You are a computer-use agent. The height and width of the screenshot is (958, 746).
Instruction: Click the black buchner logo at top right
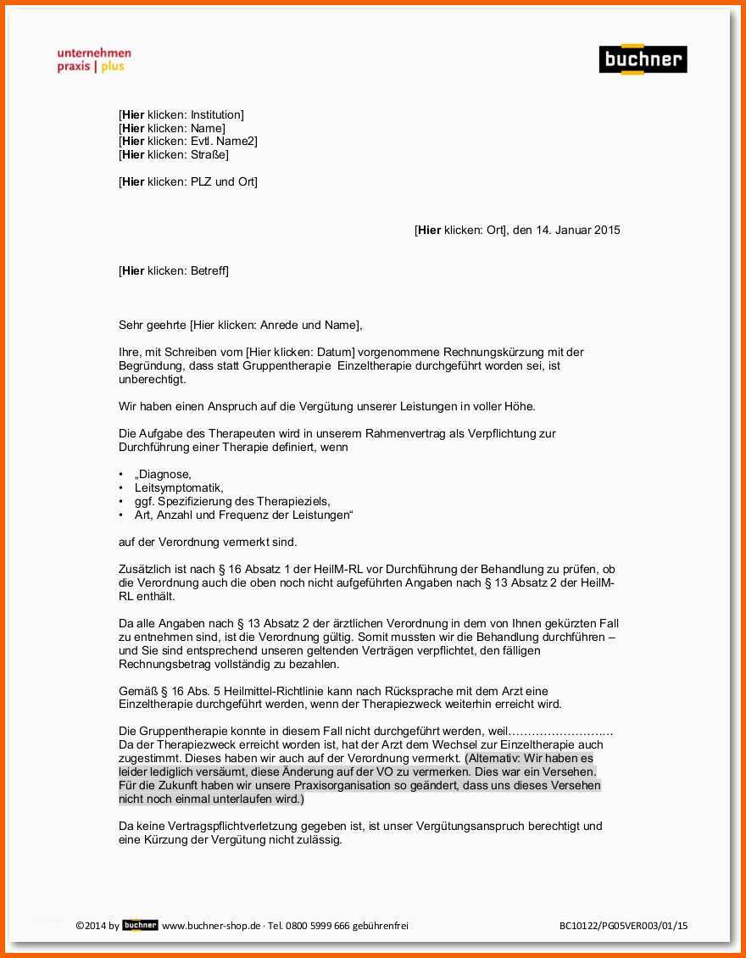[643, 59]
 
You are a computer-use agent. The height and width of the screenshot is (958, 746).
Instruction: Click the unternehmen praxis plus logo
[94, 60]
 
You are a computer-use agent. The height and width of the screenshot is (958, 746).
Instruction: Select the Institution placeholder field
[181, 114]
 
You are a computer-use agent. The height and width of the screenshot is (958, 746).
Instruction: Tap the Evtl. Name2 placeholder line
[188, 142]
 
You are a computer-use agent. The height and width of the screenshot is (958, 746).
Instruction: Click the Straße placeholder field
[174, 155]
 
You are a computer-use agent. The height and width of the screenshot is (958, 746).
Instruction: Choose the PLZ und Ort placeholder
[188, 182]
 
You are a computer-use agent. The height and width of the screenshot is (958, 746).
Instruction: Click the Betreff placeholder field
[174, 271]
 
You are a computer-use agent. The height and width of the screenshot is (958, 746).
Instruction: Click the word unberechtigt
[152, 379]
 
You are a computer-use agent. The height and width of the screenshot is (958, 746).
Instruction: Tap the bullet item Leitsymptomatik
[179, 488]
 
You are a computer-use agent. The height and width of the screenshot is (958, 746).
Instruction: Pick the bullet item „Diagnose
[163, 475]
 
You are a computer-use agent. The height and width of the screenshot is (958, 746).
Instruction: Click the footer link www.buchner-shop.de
[211, 926]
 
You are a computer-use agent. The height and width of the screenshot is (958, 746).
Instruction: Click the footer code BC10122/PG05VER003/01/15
[623, 926]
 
